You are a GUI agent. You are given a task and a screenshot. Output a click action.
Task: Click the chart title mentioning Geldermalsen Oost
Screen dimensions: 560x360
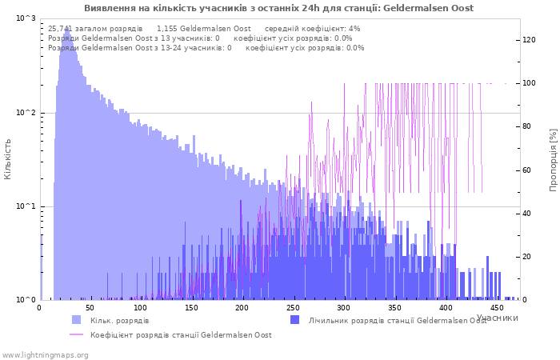279,8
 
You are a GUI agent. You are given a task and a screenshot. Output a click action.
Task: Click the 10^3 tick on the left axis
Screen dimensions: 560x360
26,18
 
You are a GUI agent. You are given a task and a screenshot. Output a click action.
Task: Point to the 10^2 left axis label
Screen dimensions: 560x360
26,113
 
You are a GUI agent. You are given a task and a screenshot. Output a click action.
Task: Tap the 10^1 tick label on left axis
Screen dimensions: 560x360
26,206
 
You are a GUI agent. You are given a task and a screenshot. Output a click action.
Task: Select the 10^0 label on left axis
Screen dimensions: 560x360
26,300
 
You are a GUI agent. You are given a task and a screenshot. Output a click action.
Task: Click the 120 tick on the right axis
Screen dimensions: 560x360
529,40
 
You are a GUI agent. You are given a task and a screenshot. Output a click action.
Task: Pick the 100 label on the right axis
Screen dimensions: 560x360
529,83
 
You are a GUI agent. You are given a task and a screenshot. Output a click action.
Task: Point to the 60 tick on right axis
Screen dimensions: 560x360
526,170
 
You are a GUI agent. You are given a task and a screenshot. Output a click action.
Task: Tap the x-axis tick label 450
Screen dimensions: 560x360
497,308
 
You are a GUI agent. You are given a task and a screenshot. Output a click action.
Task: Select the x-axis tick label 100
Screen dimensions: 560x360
141,308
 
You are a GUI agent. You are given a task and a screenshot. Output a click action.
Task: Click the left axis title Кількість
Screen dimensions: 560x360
7,159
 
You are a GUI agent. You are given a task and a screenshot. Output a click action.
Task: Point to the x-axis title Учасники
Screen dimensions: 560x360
497,318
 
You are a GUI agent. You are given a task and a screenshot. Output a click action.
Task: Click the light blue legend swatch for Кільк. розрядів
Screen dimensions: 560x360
77,320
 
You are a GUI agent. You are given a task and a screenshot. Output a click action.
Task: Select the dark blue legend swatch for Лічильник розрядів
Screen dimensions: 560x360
294,320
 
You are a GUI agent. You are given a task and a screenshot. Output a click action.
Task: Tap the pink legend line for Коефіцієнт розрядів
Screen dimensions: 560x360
77,334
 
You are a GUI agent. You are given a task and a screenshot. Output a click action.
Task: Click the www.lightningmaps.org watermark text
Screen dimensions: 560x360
45,355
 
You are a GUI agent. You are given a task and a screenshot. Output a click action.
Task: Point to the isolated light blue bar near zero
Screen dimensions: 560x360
41,267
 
